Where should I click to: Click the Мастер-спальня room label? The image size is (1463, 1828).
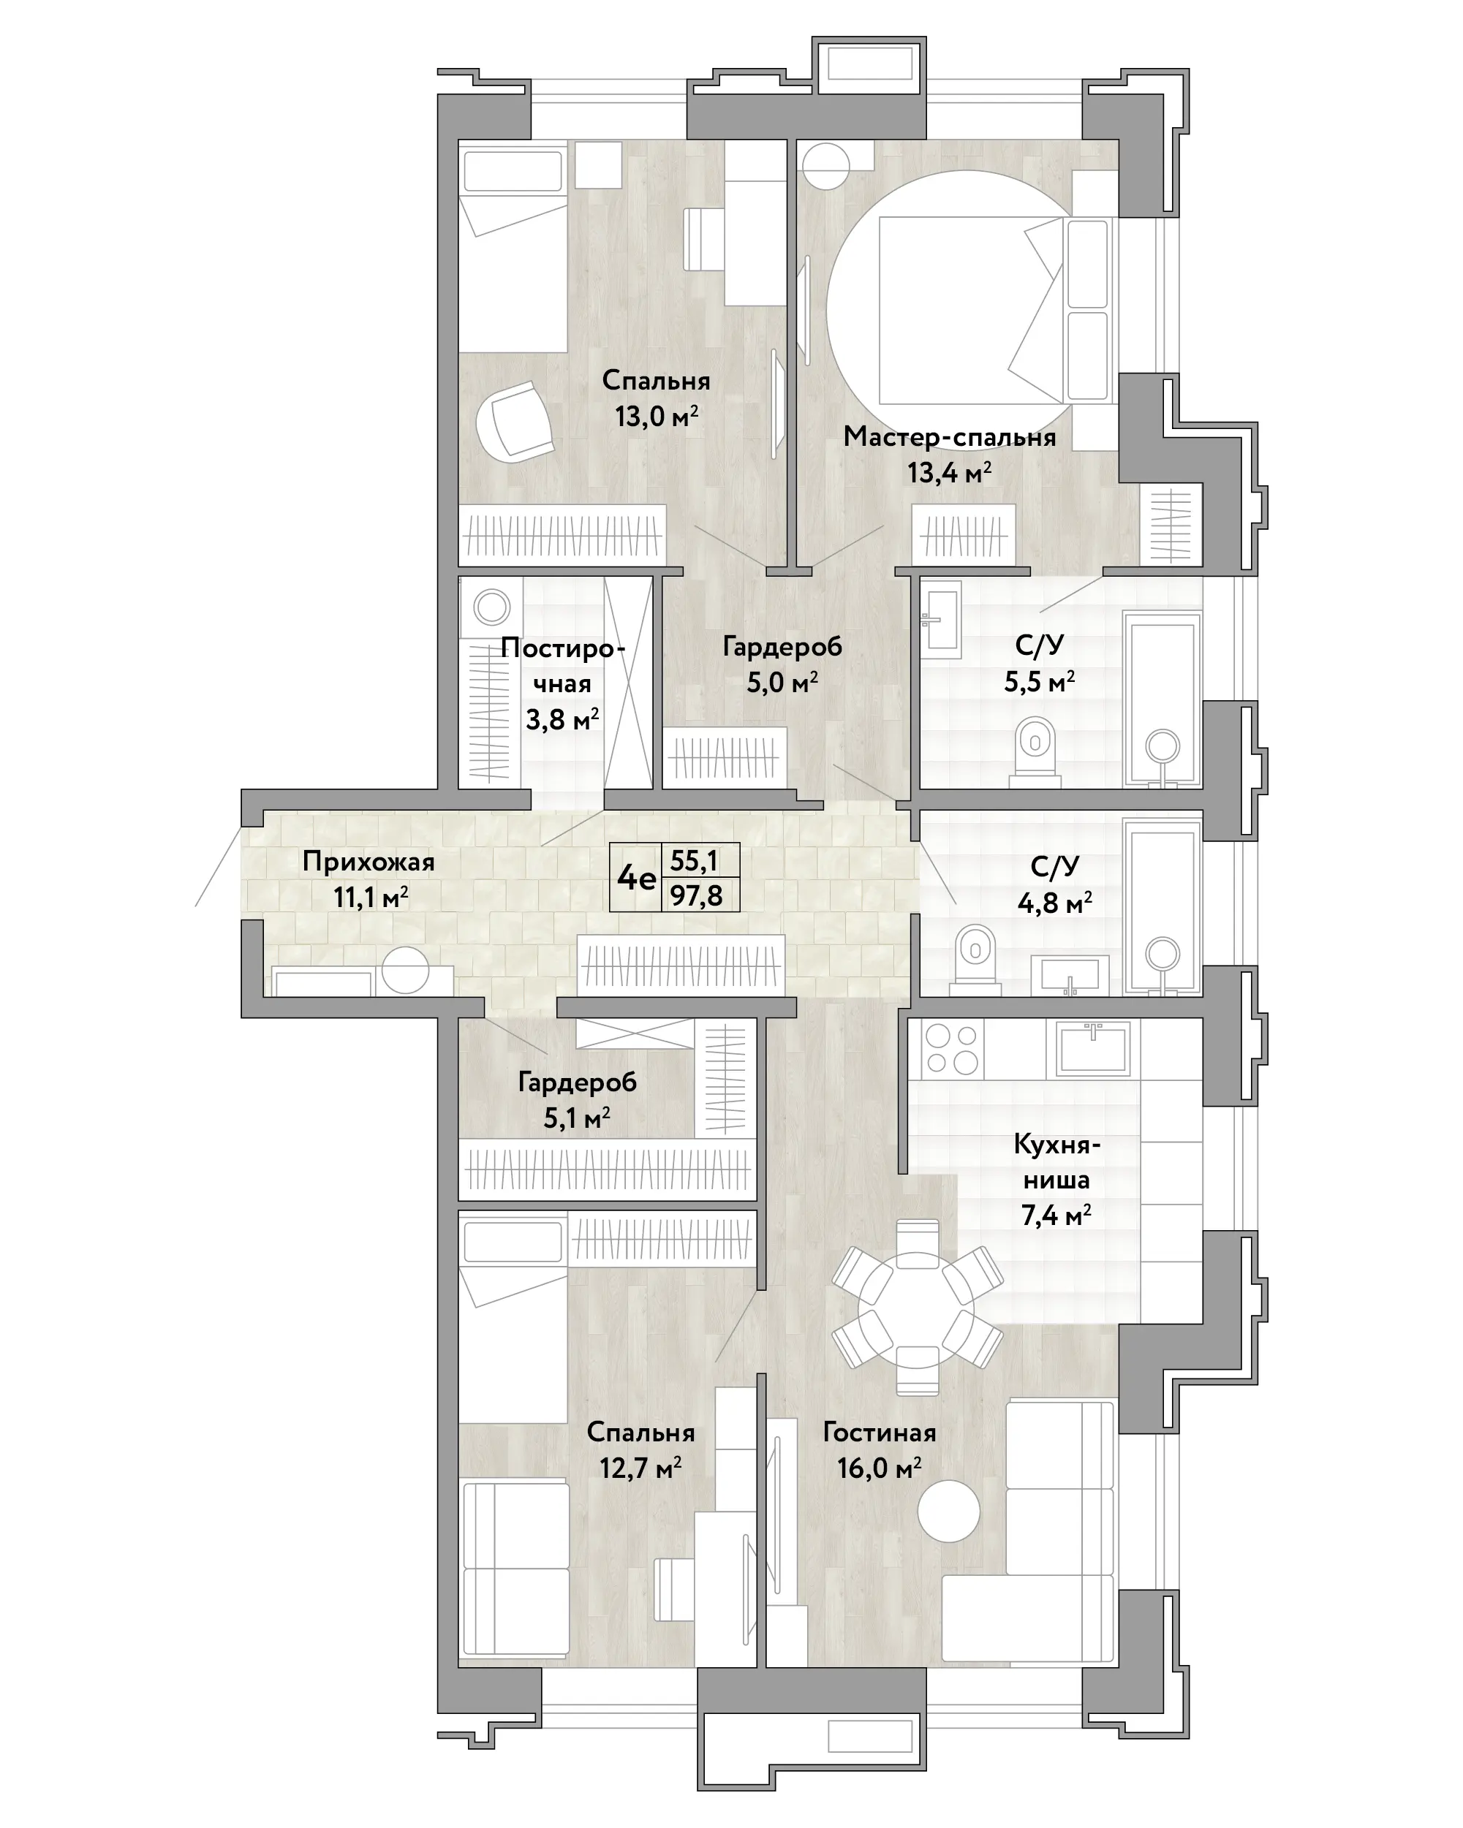point(949,438)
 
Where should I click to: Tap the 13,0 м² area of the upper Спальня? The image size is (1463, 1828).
point(657,417)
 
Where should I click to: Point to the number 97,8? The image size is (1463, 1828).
point(696,895)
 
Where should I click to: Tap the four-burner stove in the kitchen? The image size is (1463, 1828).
point(952,1049)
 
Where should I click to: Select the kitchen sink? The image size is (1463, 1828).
point(1092,1048)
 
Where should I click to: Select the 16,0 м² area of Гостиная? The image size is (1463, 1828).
point(880,1468)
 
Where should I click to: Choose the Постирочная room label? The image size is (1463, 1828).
point(563,666)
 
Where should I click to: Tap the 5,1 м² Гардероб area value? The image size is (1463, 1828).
point(577,1119)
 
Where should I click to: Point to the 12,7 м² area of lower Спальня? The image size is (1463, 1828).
point(641,1468)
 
